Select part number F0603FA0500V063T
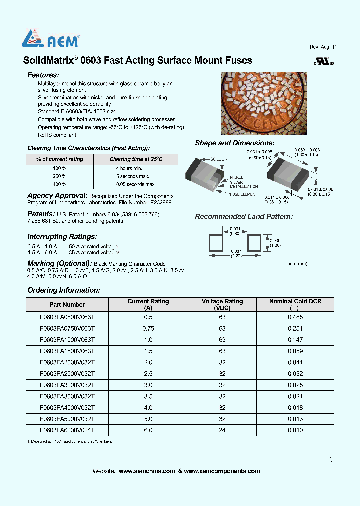pyautogui.click(x=67, y=317)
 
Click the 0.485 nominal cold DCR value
pyautogui.click(x=295, y=317)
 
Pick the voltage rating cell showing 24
pyautogui.click(x=222, y=430)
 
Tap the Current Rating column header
pyautogui.click(x=148, y=305)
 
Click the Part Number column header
pyautogui.click(x=67, y=305)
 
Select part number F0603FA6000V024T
pyautogui.click(x=67, y=430)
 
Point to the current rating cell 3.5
pyautogui.click(x=148, y=396)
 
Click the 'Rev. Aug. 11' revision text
pyautogui.click(x=323, y=47)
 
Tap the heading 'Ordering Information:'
pyautogui.click(x=64, y=290)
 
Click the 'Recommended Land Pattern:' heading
pyautogui.click(x=244, y=217)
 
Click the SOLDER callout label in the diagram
pyautogui.click(x=219, y=159)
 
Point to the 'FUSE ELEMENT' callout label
pyautogui.click(x=243, y=194)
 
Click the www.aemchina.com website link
pyautogui.click(x=147, y=471)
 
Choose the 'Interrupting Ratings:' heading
pyautogui.click(x=62, y=237)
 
